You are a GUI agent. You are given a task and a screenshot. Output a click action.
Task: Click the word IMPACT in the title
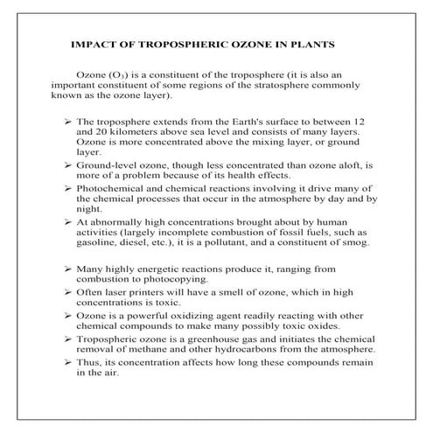tap(88, 43)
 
